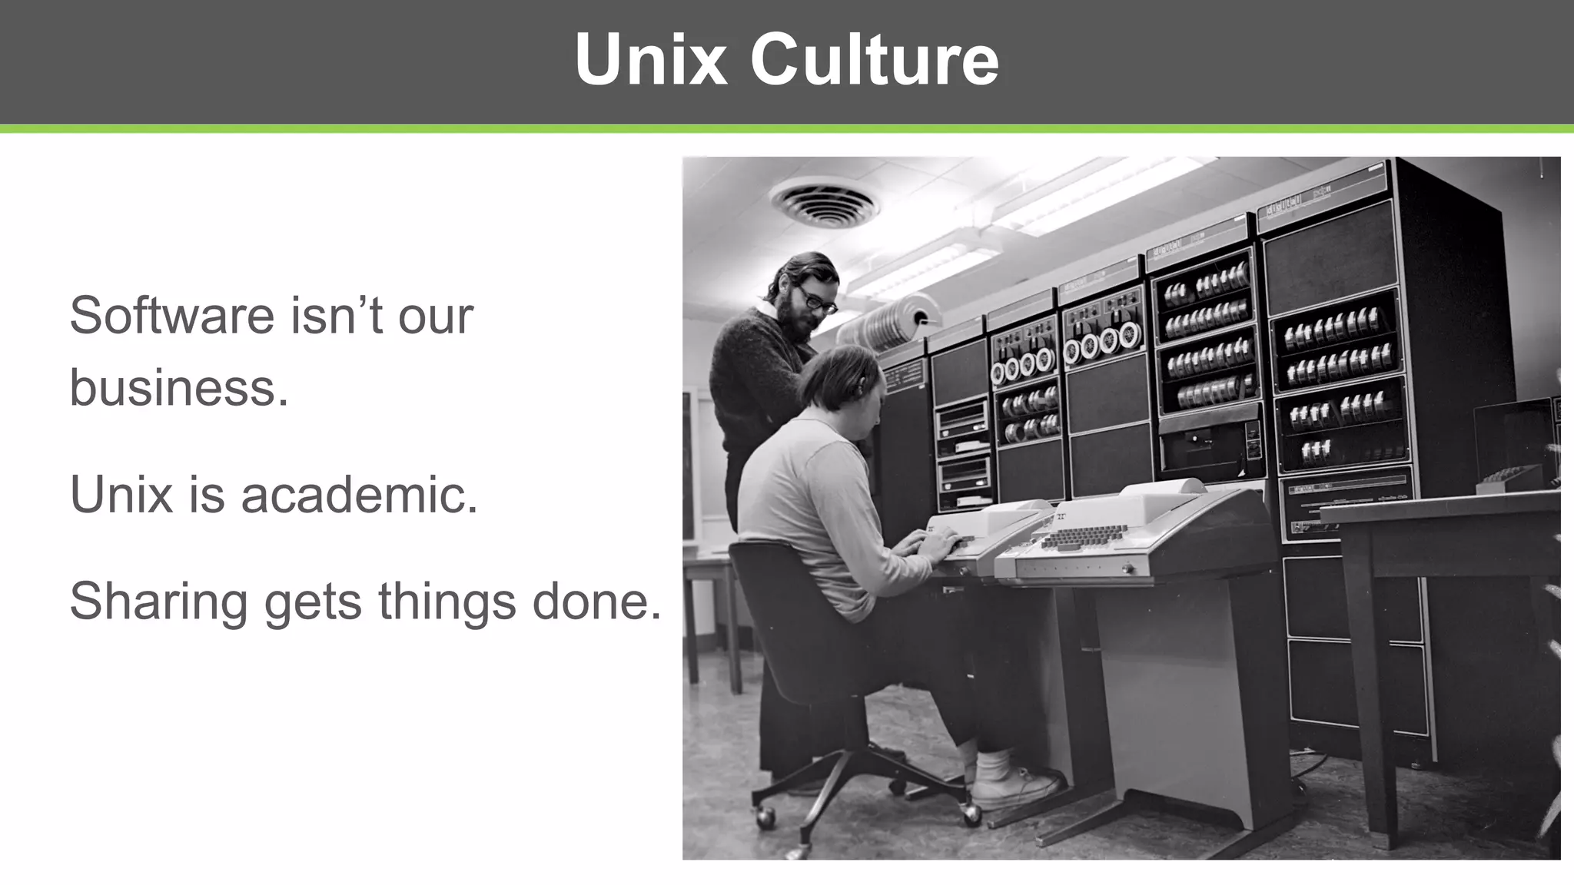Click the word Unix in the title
[650, 60]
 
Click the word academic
[359, 494]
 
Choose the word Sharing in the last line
[158, 602]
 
